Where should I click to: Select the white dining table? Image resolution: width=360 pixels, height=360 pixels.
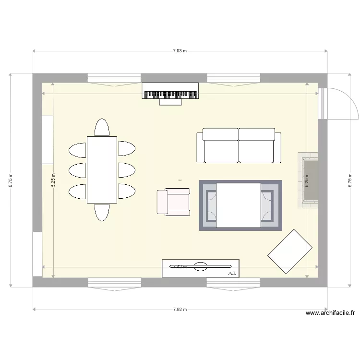point(102,170)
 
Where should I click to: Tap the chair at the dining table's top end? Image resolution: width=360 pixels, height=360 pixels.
point(102,128)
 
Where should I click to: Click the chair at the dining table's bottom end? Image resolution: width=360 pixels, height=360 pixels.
point(102,212)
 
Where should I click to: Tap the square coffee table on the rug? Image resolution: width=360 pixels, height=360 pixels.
point(239,205)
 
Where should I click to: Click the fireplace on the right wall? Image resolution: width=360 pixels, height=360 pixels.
point(308,180)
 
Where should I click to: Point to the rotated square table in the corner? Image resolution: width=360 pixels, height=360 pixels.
point(290,252)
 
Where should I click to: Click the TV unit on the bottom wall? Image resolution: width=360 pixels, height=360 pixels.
point(200,268)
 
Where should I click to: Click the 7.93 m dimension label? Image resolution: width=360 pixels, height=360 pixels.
point(180,50)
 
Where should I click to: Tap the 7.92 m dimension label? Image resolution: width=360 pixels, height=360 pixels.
point(180,310)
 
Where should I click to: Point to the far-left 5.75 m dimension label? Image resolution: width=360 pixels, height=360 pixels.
point(11,180)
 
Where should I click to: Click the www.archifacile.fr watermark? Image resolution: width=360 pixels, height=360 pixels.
point(330,313)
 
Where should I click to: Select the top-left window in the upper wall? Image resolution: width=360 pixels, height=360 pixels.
point(114,79)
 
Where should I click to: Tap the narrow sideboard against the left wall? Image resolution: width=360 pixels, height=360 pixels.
point(48,139)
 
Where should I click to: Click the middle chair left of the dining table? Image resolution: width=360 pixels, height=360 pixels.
point(78,170)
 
